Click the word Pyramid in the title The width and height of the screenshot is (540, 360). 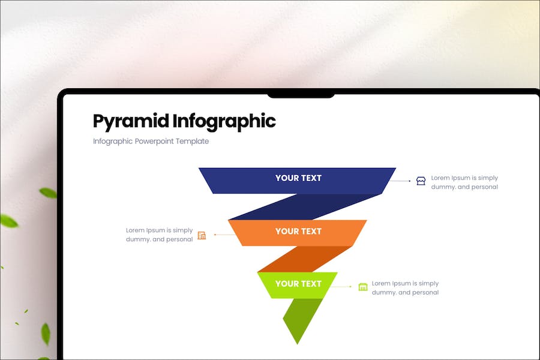point(131,122)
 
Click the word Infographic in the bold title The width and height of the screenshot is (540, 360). point(224,122)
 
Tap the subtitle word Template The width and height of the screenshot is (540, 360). point(192,141)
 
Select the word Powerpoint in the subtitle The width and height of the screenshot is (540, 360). point(154,141)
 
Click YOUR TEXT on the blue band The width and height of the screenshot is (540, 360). point(298,178)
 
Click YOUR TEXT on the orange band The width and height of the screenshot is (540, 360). point(298,232)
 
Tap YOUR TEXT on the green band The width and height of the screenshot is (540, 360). point(298,284)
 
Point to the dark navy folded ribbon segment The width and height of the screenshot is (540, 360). point(305,206)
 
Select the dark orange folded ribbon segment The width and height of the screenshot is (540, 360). point(305,259)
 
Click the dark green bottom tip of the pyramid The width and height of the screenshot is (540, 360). point(301,319)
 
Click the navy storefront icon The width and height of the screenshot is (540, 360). point(421,181)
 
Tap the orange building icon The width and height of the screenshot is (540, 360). point(202,235)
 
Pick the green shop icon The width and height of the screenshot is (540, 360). point(363,287)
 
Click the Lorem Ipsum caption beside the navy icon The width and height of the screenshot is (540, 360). point(464,182)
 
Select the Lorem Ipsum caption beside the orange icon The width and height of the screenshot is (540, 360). point(159,235)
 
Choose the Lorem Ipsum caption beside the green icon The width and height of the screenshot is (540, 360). point(406,287)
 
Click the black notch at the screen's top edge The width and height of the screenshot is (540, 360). point(301,95)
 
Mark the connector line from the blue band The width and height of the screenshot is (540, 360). point(400,181)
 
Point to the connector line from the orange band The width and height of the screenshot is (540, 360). point(225,235)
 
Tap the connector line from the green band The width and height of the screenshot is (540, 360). point(341,286)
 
